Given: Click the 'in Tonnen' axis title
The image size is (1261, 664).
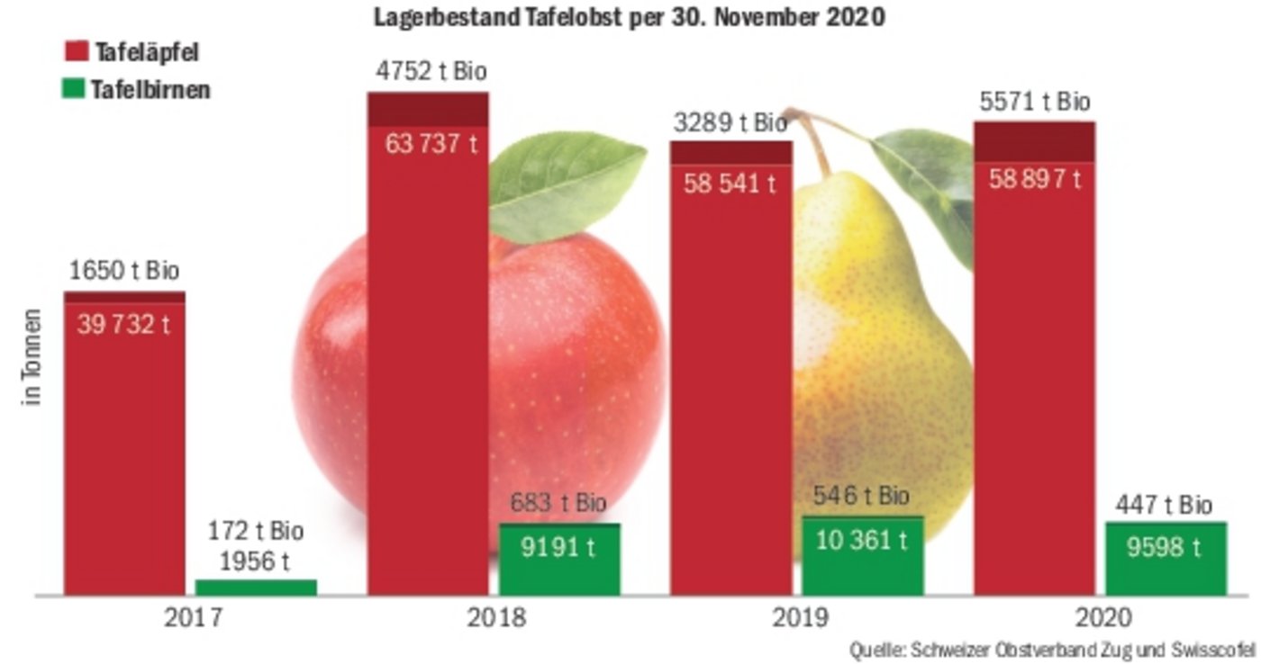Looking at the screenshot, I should pos(33,358).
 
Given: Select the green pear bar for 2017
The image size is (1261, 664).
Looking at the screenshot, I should pos(256,588).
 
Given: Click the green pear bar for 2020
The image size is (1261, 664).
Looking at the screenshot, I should pos(1166,558).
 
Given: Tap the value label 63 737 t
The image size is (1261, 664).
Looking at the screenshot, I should pos(431,145).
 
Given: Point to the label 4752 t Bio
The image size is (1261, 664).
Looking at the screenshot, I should pos(429,73).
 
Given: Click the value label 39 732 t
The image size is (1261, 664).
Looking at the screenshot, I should pos(123,325).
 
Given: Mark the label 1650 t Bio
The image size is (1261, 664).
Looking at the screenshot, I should pos(124,271).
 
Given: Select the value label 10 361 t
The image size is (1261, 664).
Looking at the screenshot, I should pos(863,540).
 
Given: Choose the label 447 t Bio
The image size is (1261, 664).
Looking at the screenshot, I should pos(1164,506).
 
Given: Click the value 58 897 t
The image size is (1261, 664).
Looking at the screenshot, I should pos(1035,179).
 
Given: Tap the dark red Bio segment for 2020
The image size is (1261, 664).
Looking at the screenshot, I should pos(1034,141).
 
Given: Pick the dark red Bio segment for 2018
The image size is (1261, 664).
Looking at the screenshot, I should pos(428,109).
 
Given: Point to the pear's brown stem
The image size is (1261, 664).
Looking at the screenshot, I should pos(815,144).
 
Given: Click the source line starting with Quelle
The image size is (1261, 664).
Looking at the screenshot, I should pos(1052,649).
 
